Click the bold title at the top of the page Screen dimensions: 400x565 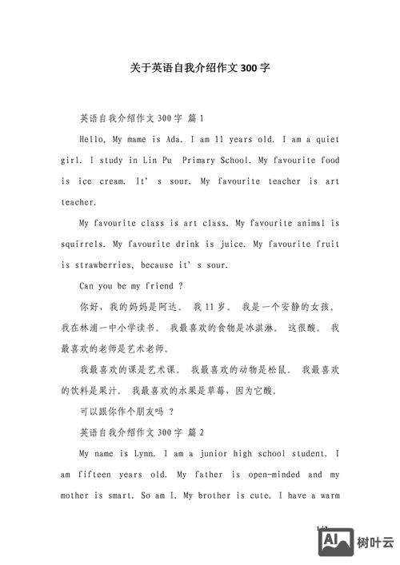click(x=200, y=68)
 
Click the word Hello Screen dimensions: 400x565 click(x=93, y=139)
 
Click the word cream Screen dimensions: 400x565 click(x=113, y=181)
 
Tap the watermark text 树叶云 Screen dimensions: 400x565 click(x=376, y=543)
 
